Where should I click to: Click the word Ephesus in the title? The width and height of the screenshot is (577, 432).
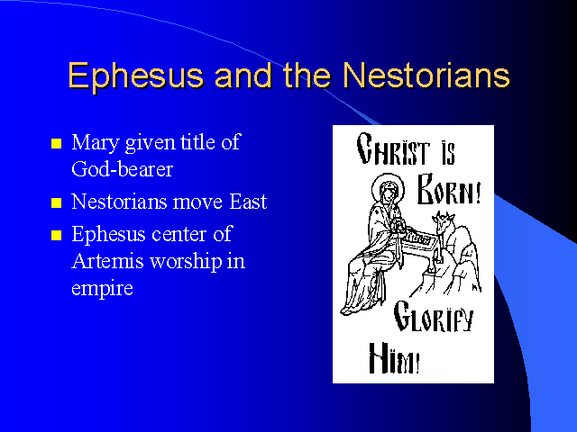pyautogui.click(x=135, y=76)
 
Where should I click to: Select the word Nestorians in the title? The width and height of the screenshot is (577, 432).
pyautogui.click(x=426, y=76)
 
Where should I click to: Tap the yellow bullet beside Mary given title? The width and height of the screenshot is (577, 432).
pyautogui.click(x=56, y=143)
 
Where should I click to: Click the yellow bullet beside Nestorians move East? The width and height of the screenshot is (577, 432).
pyautogui.click(x=56, y=202)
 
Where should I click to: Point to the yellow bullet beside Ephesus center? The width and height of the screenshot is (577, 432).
pyautogui.click(x=56, y=235)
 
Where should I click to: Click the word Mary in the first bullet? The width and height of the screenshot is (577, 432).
pyautogui.click(x=96, y=143)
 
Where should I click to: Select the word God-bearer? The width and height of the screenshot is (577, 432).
pyautogui.click(x=123, y=169)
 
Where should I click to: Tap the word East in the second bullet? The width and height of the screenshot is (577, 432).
pyautogui.click(x=248, y=202)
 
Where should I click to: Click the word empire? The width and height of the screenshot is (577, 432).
pyautogui.click(x=102, y=289)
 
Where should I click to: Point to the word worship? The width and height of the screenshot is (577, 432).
pyautogui.click(x=186, y=262)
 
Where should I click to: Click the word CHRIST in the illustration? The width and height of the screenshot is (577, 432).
pyautogui.click(x=393, y=148)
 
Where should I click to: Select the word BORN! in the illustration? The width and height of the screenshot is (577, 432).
pyautogui.click(x=449, y=189)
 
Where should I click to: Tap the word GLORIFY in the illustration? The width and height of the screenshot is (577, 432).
pyautogui.click(x=433, y=316)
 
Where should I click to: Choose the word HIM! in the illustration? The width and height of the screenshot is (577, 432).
pyautogui.click(x=394, y=358)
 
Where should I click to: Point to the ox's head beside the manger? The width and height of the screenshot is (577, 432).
pyautogui.click(x=444, y=221)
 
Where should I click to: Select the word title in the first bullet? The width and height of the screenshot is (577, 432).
pyautogui.click(x=198, y=142)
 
